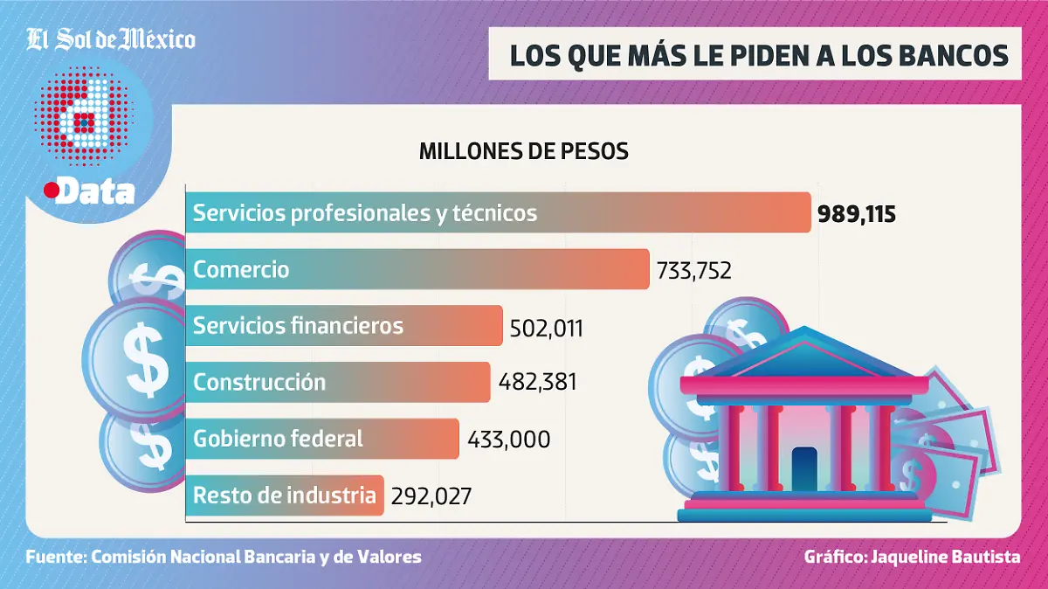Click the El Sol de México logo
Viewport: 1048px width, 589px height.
(111, 39)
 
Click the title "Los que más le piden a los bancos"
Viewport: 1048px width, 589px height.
(755, 55)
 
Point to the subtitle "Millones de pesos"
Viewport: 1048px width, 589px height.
(523, 150)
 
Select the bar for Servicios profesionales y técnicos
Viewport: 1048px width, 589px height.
(498, 212)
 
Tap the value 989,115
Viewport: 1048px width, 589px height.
(857, 214)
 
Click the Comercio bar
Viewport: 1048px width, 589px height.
(417, 269)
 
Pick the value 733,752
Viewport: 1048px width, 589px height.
(692, 271)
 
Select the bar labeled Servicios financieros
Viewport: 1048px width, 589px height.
(344, 326)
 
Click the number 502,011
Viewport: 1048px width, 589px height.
(545, 328)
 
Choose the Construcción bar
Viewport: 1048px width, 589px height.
(337, 382)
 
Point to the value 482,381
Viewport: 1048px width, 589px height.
(538, 383)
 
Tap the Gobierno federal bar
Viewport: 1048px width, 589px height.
(321, 438)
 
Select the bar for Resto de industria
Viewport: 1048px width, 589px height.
(284, 495)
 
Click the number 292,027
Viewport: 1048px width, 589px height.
(431, 496)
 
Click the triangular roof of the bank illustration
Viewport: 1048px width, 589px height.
(800, 353)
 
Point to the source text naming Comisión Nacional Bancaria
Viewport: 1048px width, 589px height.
(224, 557)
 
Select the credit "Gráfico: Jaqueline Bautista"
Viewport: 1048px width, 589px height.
(912, 557)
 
